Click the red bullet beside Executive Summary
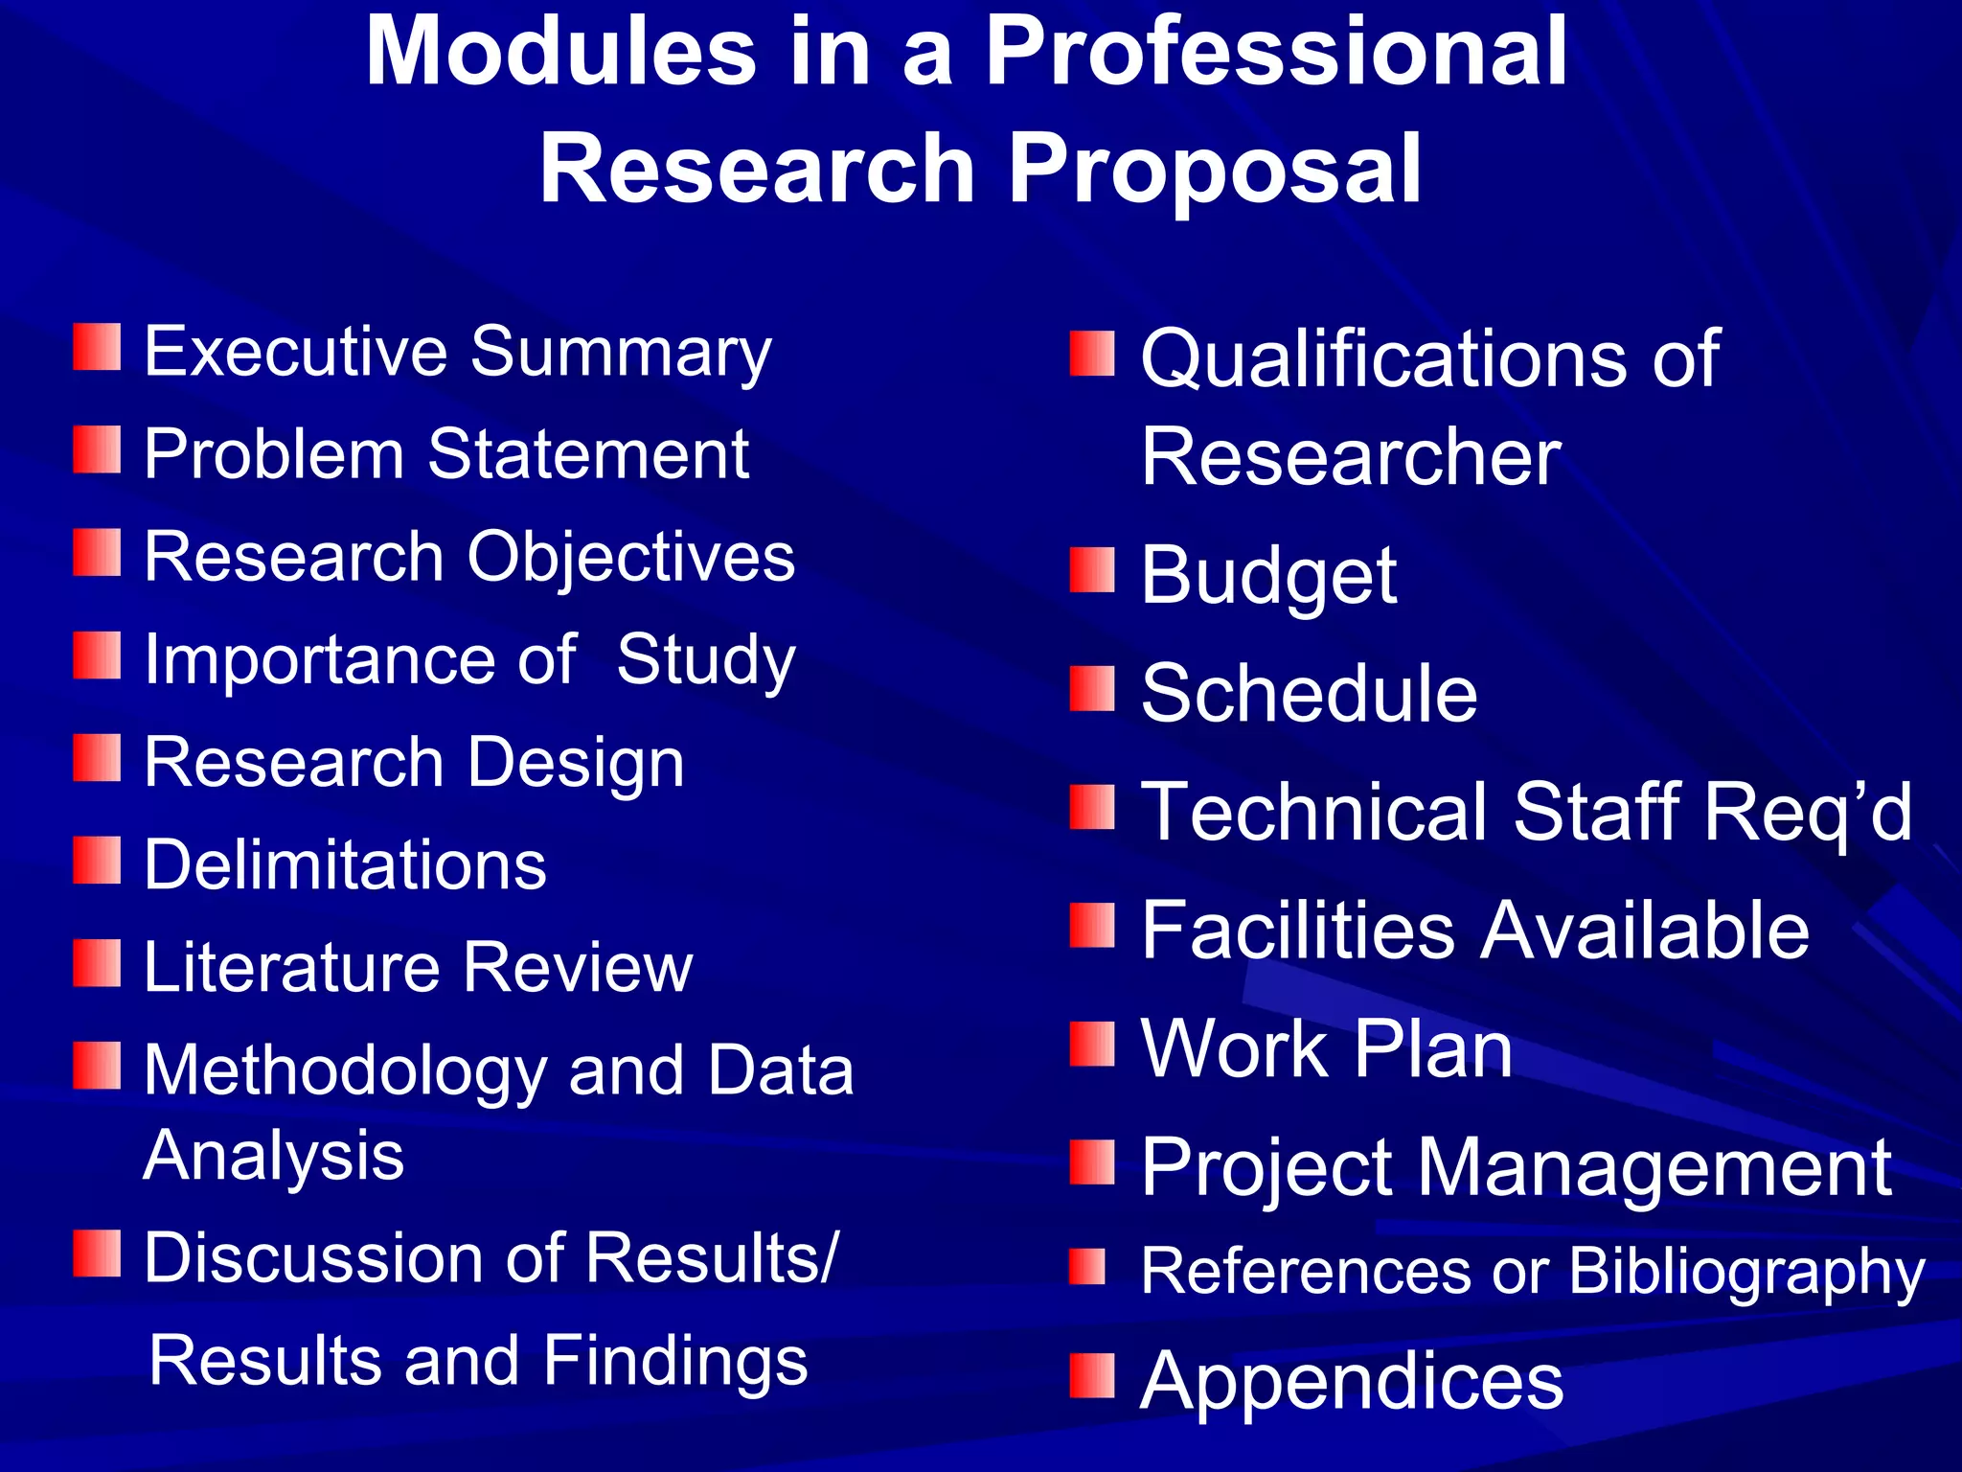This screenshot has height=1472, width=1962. [x=97, y=347]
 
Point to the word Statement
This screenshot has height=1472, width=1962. [x=588, y=453]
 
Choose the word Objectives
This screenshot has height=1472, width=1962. [x=631, y=557]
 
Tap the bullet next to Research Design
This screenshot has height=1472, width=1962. [x=97, y=758]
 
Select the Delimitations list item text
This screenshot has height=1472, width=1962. [x=345, y=864]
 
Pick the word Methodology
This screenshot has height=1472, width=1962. [x=345, y=1071]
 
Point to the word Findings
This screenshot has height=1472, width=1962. [x=675, y=1361]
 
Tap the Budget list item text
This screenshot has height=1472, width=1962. [x=1268, y=577]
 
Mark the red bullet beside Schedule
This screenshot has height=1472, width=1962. [x=1092, y=689]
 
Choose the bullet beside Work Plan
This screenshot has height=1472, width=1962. [x=1092, y=1044]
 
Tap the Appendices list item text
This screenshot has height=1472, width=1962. [x=1352, y=1382]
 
